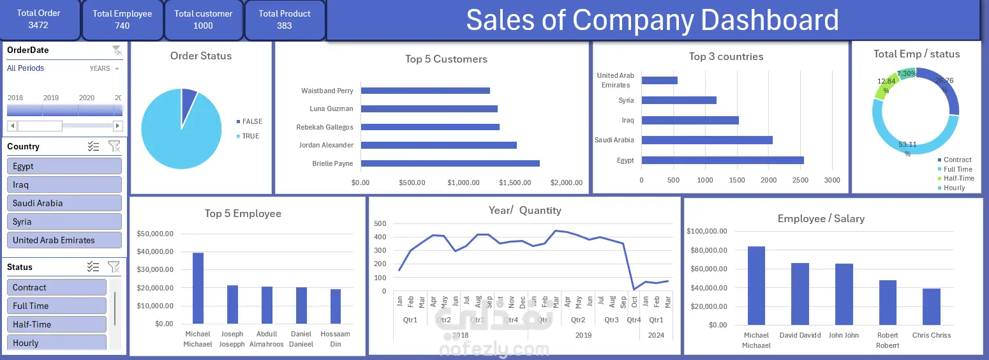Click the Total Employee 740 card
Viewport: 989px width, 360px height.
coord(122,20)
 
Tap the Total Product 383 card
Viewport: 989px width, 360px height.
coord(285,20)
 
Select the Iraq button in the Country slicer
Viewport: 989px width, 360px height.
coord(64,184)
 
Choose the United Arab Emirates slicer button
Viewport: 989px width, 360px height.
coord(64,240)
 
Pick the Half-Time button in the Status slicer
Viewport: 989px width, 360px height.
coord(56,324)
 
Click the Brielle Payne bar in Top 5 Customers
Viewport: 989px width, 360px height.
coord(450,163)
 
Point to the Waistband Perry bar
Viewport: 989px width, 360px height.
coord(425,91)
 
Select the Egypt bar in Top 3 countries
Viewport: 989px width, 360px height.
coord(722,160)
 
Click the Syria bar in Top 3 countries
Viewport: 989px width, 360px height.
coord(679,100)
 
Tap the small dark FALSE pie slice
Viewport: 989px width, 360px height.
coord(189,100)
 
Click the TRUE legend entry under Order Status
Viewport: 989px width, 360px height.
coord(250,136)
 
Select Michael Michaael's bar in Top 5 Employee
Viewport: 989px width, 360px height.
coord(198,288)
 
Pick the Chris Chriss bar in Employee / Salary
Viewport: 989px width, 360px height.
coord(931,306)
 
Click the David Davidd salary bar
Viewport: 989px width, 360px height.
coord(799,294)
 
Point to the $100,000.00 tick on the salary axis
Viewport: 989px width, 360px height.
coord(707,231)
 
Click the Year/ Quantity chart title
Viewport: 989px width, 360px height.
coord(524,210)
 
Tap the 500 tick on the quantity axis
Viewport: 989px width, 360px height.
coord(380,223)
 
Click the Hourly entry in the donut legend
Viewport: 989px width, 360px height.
coord(954,188)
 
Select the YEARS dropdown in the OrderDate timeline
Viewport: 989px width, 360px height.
coord(104,68)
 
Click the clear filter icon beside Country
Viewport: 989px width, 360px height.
coord(114,146)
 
